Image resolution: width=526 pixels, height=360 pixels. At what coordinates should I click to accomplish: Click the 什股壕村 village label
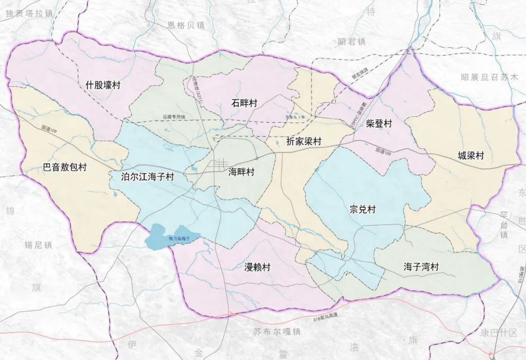(103, 85)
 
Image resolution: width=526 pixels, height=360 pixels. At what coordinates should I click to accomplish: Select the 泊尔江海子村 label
(147, 177)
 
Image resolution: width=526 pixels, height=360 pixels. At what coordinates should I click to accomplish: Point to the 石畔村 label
(244, 103)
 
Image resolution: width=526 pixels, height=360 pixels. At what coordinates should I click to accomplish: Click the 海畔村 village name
(242, 172)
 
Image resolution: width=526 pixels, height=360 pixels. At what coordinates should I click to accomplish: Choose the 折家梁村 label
(304, 142)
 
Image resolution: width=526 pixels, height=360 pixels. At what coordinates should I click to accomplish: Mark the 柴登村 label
(378, 124)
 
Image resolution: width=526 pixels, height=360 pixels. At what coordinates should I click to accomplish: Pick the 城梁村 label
(470, 156)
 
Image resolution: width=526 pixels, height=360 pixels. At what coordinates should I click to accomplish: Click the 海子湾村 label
(421, 267)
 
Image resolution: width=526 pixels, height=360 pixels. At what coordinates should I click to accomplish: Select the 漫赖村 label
(257, 267)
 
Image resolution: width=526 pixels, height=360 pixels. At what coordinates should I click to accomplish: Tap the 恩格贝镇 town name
(186, 25)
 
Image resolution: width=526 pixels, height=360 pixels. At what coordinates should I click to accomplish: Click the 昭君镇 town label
(351, 42)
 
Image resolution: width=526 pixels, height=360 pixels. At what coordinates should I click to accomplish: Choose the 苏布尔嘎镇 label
(277, 332)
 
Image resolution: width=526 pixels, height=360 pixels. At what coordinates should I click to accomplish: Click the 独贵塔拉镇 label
(29, 13)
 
